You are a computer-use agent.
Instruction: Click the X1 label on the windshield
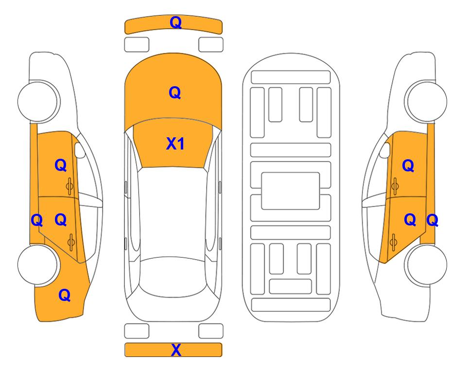tap(175, 144)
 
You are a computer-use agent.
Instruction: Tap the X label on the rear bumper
tap(176, 350)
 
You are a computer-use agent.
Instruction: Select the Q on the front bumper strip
tap(176, 22)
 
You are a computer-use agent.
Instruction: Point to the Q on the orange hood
tap(175, 93)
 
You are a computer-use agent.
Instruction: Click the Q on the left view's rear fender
tap(65, 295)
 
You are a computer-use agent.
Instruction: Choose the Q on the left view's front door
tap(61, 165)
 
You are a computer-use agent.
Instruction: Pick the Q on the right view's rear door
tap(410, 220)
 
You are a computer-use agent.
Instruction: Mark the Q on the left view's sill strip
tap(37, 221)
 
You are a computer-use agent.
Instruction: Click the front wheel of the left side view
tap(37, 101)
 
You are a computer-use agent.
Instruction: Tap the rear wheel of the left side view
tap(37, 264)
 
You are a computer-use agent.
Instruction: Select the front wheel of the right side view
tap(427, 101)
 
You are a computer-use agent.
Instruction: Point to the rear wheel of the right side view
tap(427, 264)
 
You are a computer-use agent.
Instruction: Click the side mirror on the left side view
tap(80, 150)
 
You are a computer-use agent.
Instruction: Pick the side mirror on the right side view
tap(385, 150)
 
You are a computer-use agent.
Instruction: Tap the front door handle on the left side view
tap(70, 187)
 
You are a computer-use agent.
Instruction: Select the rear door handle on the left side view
tap(71, 242)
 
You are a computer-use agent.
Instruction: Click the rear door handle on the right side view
tap(393, 242)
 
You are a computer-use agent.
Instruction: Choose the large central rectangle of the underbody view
tap(291, 191)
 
